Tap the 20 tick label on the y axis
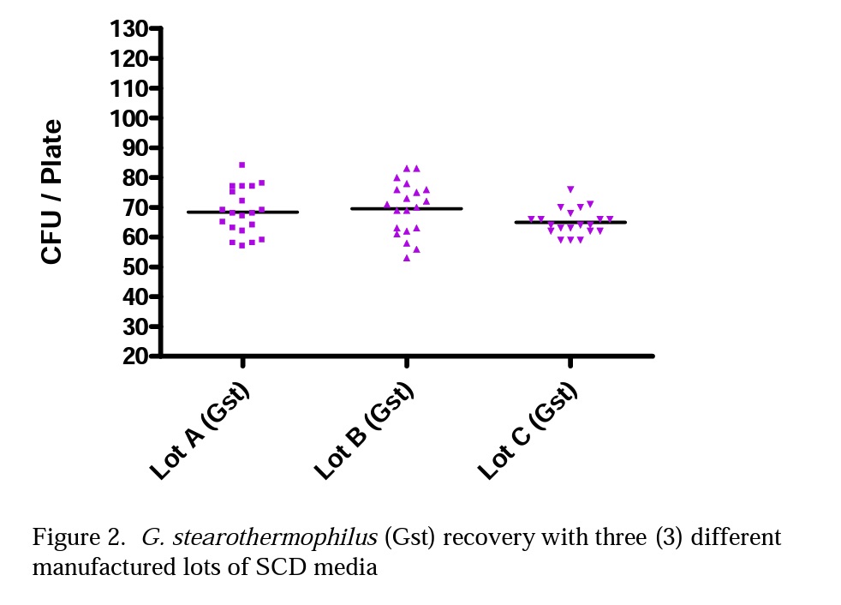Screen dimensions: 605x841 point(133,356)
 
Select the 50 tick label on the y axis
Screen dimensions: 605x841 point(133,267)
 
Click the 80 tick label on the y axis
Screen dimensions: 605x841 point(133,177)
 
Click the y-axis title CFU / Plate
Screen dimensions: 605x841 point(52,192)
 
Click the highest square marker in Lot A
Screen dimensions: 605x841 point(242,165)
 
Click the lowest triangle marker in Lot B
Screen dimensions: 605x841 point(407,258)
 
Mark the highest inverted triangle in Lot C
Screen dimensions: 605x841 point(570,189)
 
